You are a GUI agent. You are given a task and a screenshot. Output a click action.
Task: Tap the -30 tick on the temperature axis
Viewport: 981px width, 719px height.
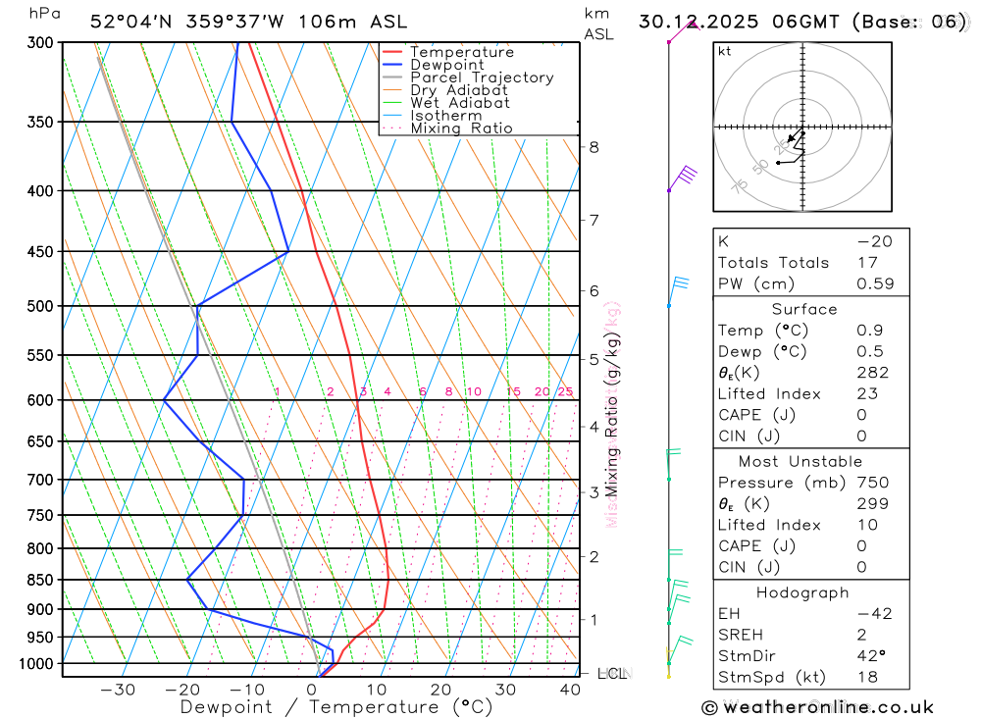coord(118,690)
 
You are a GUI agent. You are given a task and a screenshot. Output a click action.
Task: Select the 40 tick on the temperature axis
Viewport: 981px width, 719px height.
coord(571,690)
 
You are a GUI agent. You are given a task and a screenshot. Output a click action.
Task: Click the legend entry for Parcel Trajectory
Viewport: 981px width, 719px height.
coord(482,77)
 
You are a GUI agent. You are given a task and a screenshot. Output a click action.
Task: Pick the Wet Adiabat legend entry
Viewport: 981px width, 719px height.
coord(460,103)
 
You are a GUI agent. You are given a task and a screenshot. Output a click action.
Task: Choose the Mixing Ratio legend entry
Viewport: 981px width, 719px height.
coord(461,128)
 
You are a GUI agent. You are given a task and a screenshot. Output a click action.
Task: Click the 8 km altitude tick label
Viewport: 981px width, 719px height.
coord(594,147)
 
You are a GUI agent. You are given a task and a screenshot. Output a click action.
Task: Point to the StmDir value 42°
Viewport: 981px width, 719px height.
coord(869,656)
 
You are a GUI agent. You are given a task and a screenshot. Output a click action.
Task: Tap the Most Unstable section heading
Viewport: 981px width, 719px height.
coord(800,462)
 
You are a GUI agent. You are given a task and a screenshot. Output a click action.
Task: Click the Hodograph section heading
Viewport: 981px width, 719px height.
coord(802,593)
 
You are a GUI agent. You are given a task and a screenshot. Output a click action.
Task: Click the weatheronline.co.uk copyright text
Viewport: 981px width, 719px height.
coord(817,707)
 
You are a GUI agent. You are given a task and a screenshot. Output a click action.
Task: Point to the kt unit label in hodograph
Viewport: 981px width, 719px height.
coord(725,52)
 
